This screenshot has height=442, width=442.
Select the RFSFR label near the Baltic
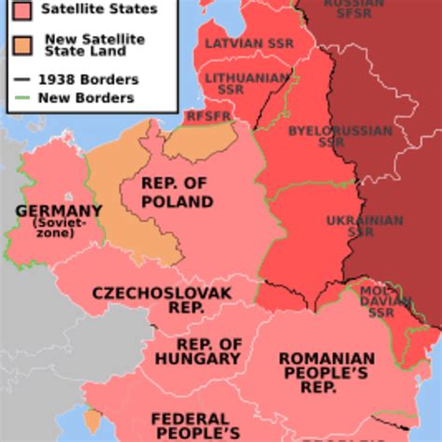pyautogui.click(x=206, y=117)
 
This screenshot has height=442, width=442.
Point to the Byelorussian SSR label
pyautogui.click(x=340, y=137)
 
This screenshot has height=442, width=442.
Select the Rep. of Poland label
pyautogui.click(x=177, y=193)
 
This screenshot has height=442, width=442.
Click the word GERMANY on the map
pyautogui.click(x=58, y=211)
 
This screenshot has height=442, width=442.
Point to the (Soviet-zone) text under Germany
pyautogui.click(x=59, y=228)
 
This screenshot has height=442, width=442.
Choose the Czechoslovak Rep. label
pyautogui.click(x=162, y=300)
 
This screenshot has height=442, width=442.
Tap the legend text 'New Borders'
pyautogui.click(x=85, y=98)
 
